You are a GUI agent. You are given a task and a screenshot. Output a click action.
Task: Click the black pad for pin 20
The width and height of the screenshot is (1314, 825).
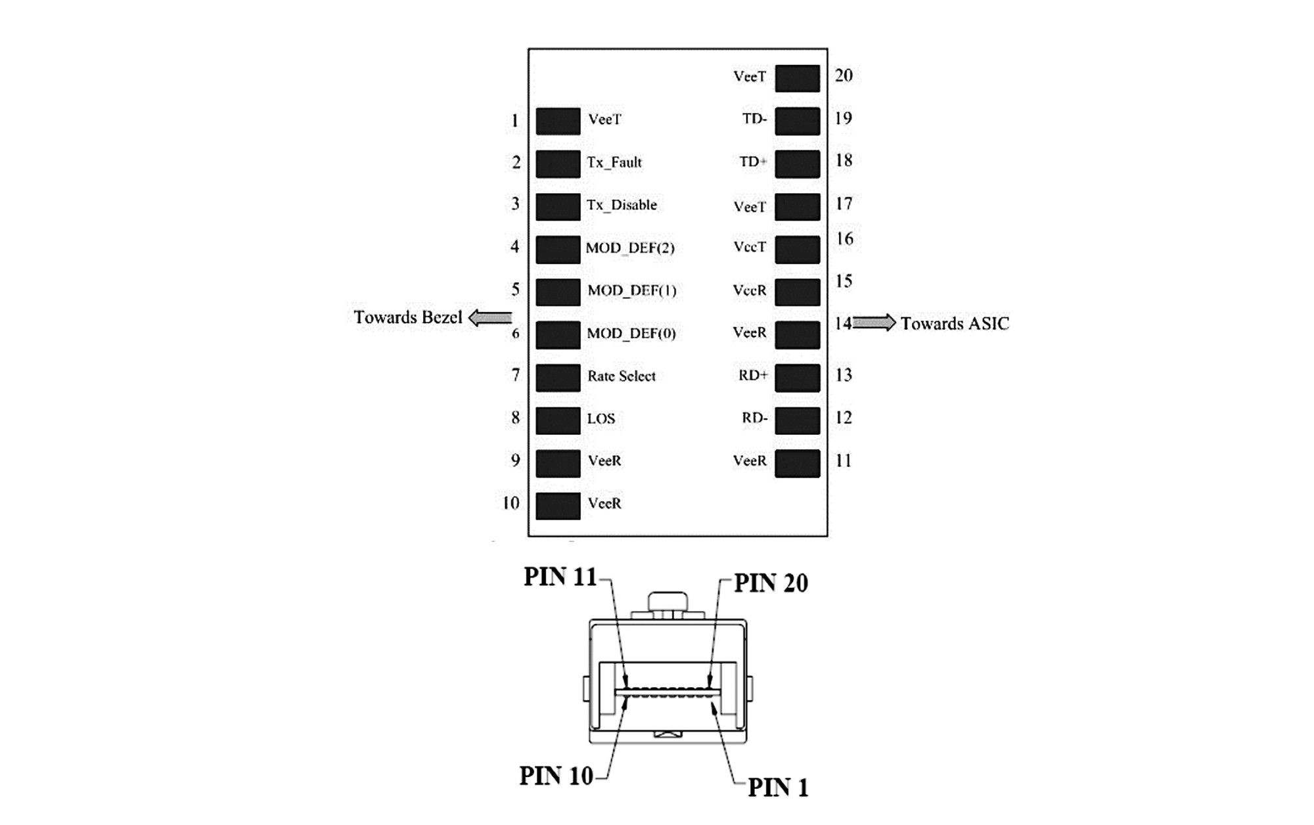pos(797,78)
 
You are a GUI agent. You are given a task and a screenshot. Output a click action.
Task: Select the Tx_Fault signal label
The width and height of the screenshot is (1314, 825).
pos(614,162)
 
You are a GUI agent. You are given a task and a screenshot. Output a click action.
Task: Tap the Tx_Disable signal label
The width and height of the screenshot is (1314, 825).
pos(622,205)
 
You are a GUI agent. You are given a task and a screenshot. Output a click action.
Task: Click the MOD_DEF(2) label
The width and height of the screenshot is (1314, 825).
pos(630,248)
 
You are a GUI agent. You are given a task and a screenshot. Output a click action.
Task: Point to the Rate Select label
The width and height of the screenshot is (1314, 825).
pos(621,376)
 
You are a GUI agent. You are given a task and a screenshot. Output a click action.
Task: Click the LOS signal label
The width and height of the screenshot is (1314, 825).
pos(600,419)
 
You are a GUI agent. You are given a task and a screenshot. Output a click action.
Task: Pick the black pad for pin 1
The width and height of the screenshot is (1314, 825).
pos(558,122)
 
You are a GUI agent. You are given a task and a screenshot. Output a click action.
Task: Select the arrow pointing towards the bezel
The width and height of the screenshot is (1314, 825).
pos(490,318)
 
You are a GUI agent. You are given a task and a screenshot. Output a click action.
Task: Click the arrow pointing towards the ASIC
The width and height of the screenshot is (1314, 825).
pos(874,323)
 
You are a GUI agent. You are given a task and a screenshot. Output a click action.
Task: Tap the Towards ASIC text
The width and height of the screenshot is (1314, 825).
pos(954,323)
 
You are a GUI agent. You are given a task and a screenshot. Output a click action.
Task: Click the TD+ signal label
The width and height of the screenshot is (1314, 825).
pos(753,162)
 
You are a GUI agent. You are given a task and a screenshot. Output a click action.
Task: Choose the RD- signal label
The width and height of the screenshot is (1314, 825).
pos(754,418)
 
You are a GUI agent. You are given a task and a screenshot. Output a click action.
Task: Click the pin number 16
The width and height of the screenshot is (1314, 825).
pos(844,239)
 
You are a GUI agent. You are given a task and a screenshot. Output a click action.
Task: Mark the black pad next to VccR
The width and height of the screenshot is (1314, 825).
pos(797,292)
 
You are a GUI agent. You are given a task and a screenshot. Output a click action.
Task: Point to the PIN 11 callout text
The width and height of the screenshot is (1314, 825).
pos(560,577)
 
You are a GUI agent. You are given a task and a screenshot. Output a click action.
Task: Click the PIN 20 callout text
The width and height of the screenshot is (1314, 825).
pos(771,583)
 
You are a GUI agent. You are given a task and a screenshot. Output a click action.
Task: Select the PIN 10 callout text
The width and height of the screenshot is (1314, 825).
pos(556,776)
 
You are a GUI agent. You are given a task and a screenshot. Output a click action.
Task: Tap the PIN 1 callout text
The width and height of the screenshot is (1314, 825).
pos(778,787)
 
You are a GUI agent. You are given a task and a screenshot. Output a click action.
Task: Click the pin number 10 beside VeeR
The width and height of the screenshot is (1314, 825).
pos(510,503)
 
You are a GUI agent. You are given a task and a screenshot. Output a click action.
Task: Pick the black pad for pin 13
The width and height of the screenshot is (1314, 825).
pos(797,378)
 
